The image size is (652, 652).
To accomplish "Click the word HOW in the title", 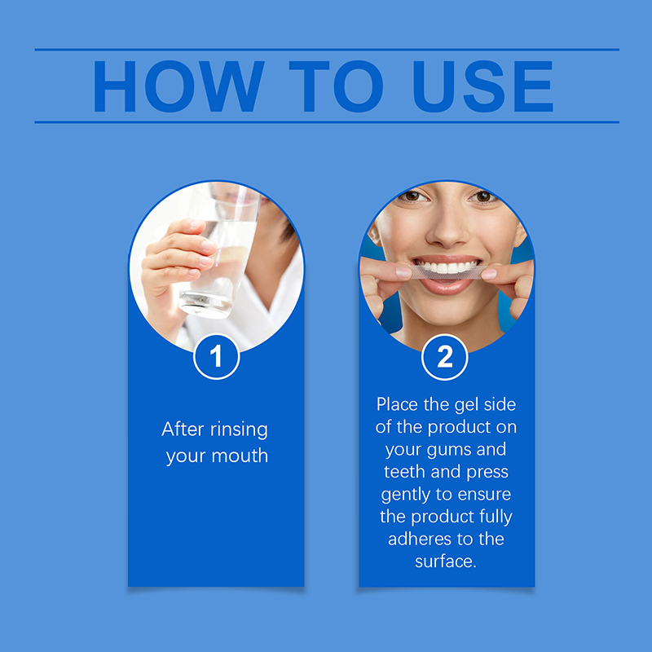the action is coord(178,86).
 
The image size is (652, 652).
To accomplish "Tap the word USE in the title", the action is coord(482,86).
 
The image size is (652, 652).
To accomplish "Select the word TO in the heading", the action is coord(336,86).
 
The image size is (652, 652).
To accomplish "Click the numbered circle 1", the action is coord(216,357).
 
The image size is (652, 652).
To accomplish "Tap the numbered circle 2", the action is coord(444,357).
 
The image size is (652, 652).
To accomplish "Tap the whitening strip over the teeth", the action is coord(447,272).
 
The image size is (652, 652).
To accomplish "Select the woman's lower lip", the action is coord(445,287).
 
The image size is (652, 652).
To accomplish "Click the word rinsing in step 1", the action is coord(239,430).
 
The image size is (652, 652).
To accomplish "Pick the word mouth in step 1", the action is coord(240,456).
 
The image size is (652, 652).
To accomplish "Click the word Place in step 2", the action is coord(397,404).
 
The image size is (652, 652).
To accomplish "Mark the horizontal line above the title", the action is coord(327,50).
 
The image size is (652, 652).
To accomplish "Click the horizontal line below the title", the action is coord(327,122).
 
